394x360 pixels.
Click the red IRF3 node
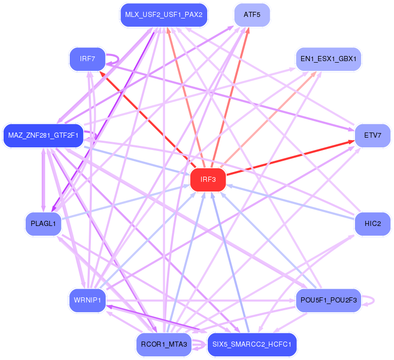[208, 180]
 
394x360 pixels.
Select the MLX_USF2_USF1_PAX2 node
[164, 15]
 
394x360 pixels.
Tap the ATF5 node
[251, 15]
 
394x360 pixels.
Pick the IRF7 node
[87, 59]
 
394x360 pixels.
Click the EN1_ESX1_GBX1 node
[328, 59]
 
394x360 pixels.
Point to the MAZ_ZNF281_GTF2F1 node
[43, 136]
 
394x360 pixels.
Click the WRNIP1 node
[87, 300]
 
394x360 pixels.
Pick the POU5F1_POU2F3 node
[328, 300]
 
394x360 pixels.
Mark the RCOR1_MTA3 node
[164, 344]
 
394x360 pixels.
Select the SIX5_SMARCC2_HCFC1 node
[251, 344]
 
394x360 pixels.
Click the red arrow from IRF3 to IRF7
[149, 121]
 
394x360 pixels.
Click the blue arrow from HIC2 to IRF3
[292, 203]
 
